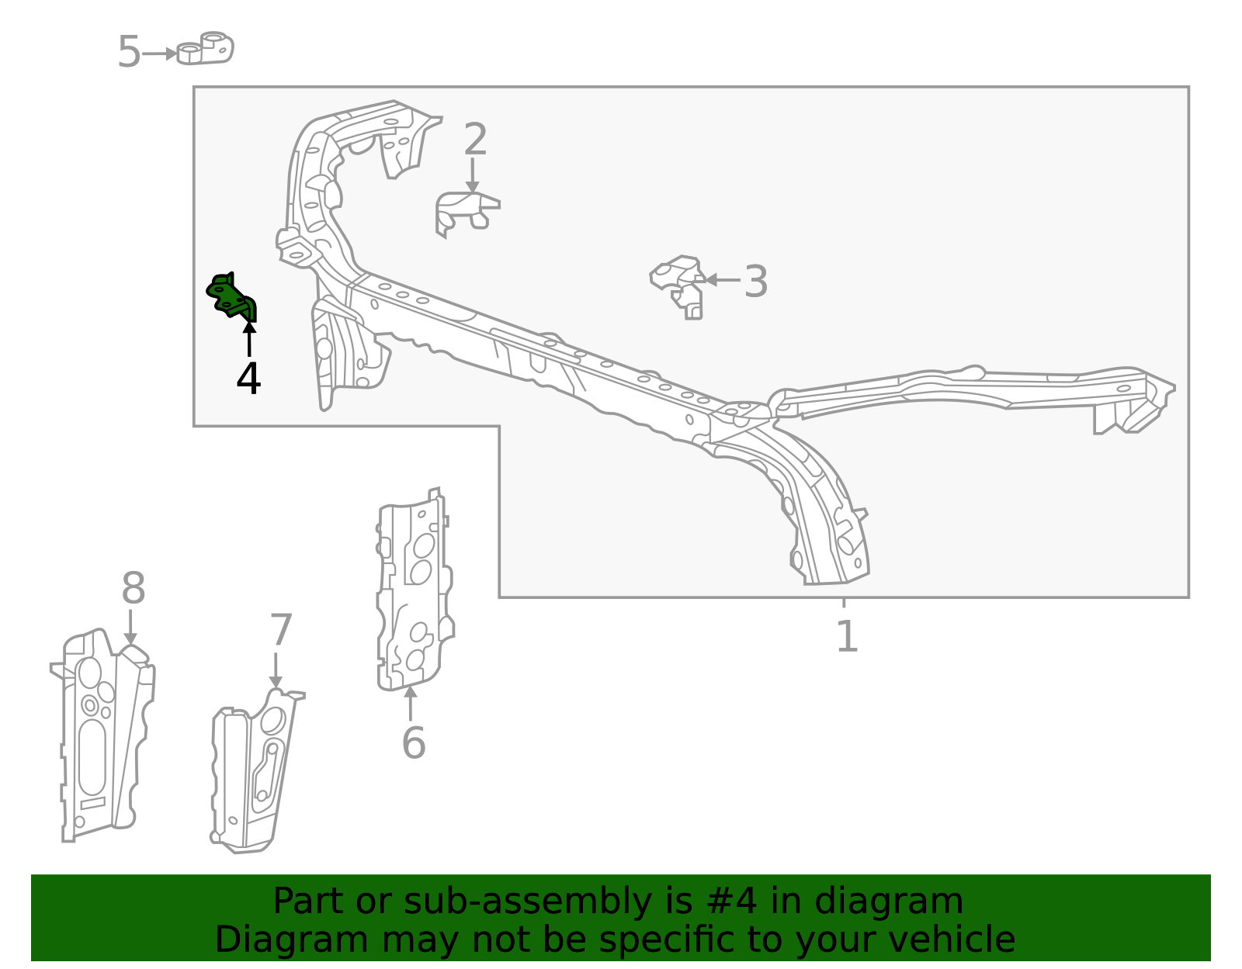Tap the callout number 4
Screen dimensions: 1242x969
248,378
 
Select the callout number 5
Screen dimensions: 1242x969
129,52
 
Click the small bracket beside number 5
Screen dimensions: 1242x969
205,48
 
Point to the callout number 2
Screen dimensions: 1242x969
475,139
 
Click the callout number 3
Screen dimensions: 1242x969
755,282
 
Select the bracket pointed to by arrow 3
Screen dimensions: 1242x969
678,286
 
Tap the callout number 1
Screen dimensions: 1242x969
847,636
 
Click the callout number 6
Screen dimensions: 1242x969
414,743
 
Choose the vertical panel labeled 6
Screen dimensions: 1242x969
415,590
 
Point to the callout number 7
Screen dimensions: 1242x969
281,630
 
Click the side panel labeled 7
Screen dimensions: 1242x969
256,771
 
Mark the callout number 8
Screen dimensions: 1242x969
134,587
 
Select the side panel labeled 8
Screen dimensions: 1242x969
103,735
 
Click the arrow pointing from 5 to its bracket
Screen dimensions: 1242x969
159,54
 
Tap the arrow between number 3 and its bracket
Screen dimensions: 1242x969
723,280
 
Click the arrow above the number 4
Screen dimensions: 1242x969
249,339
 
